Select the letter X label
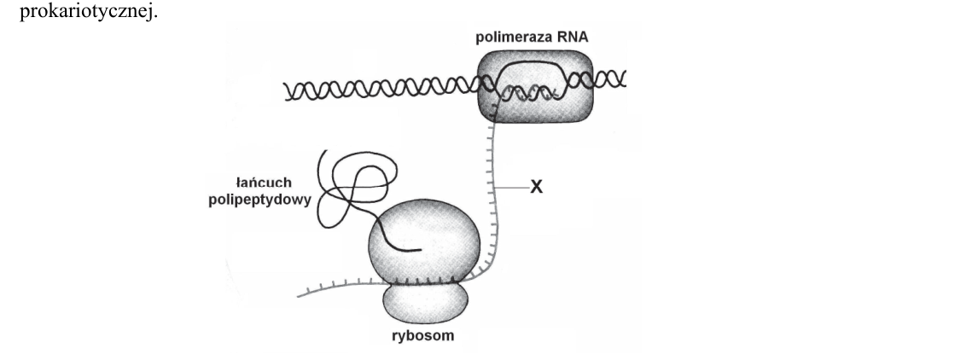536,187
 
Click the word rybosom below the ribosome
423,335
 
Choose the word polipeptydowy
259,201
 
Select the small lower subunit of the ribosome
425,303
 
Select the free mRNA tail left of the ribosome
337,287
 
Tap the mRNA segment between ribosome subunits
425,283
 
